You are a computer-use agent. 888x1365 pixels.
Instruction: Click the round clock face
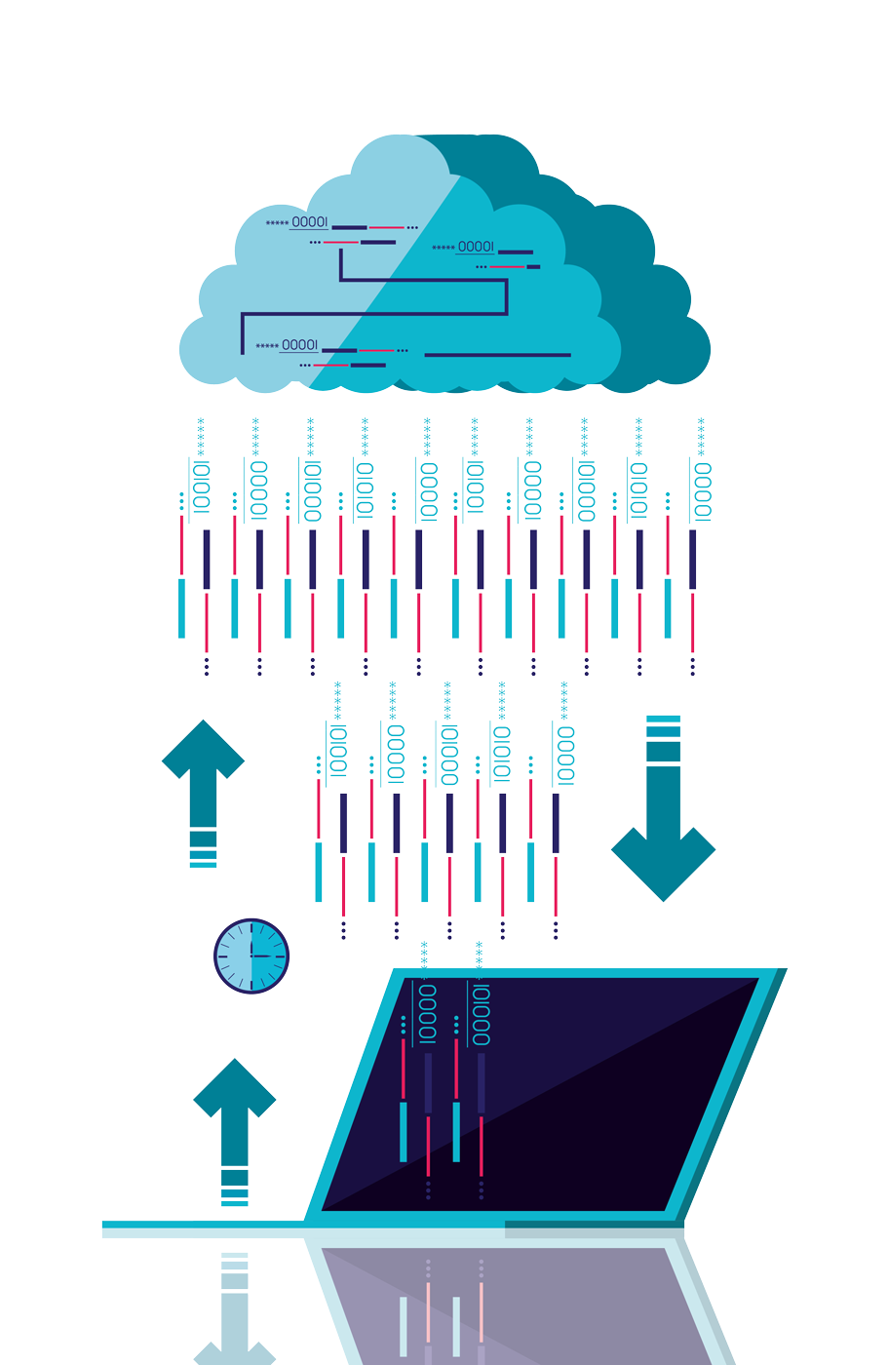(251, 955)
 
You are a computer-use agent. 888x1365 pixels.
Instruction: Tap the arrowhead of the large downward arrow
(663, 863)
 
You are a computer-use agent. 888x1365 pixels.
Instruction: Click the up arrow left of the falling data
(203, 770)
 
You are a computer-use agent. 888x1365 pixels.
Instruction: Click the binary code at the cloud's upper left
(310, 222)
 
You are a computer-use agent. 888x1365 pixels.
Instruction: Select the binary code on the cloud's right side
(476, 247)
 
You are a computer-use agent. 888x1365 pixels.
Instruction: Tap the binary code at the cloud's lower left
(299, 345)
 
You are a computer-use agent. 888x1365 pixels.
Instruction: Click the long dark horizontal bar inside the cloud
(497, 355)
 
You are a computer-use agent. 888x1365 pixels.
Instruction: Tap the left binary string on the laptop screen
(427, 1014)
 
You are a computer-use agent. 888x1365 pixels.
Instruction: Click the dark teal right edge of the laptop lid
(731, 1102)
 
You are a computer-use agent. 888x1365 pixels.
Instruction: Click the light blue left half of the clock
(234, 955)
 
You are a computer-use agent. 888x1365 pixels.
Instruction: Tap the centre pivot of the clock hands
(251, 955)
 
